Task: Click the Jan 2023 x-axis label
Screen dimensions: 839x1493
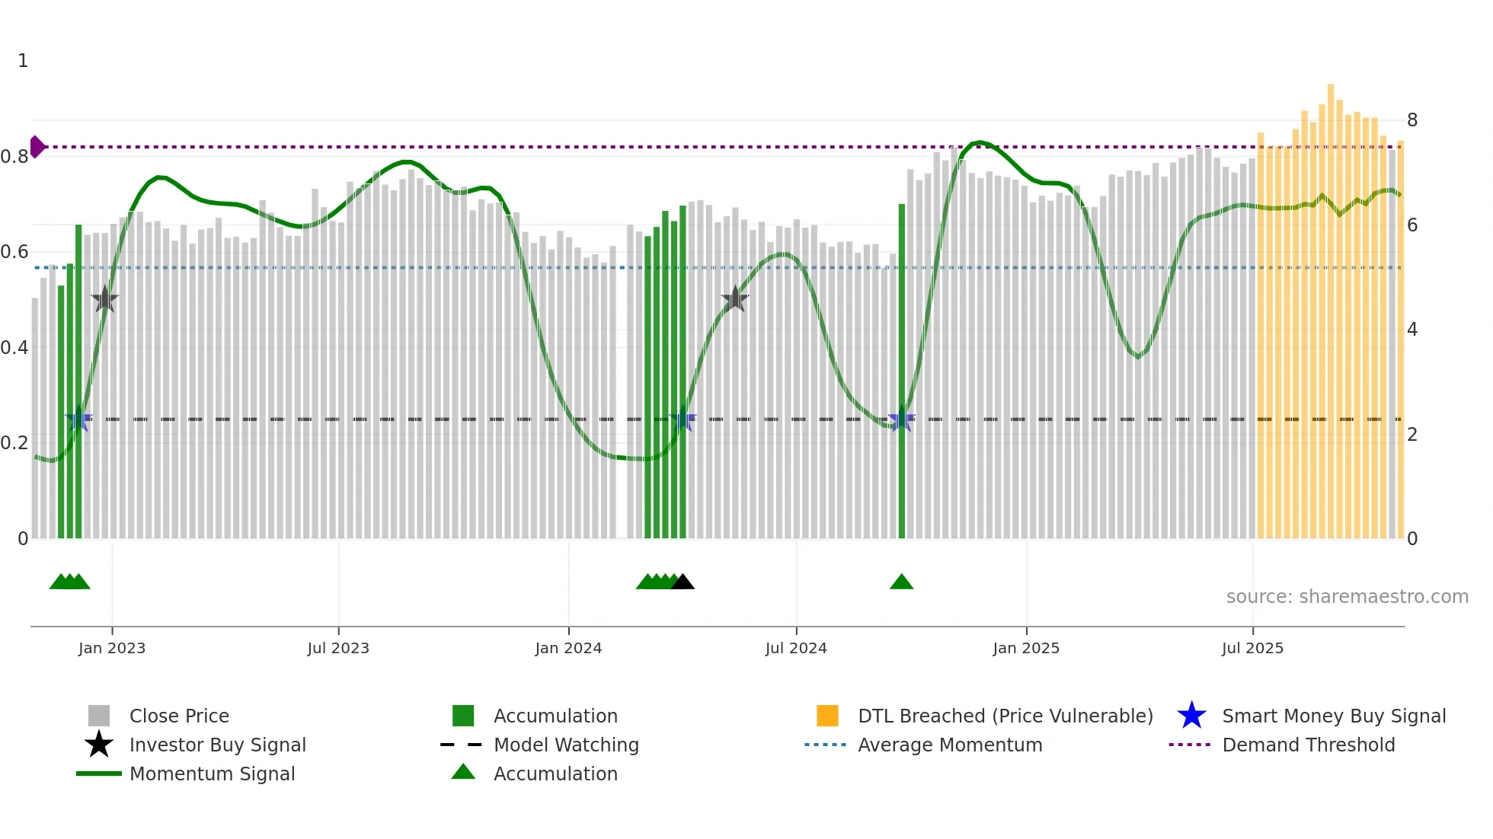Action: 111,648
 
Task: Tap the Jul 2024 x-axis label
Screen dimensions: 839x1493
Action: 795,648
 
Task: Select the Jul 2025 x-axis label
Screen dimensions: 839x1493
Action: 1252,648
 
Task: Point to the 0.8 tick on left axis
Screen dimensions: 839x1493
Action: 14,157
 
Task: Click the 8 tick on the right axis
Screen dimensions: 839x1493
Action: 1412,120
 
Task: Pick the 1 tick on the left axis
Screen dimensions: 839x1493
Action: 23,60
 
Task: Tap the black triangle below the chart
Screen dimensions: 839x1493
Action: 683,582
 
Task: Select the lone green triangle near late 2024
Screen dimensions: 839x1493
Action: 901,582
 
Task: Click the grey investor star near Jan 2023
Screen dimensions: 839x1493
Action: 104,300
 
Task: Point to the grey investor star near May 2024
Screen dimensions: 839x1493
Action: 734,300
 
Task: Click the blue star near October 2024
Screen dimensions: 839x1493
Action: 901,419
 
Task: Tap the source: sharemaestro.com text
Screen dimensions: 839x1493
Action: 1347,596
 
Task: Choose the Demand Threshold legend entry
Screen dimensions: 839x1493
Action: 1308,745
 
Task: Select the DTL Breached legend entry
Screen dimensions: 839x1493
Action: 1005,716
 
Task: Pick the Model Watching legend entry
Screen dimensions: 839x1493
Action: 565,745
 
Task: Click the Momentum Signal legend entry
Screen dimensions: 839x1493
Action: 212,774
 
